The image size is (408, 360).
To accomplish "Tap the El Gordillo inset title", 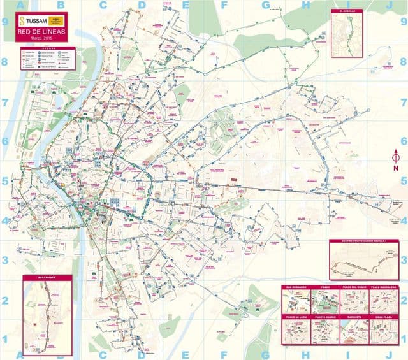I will [350, 11].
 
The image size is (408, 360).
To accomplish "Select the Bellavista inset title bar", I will [48, 278].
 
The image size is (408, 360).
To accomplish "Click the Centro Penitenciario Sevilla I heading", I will [364, 241].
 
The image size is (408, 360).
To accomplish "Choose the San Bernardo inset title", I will [296, 287].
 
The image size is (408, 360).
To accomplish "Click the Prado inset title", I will [325, 287].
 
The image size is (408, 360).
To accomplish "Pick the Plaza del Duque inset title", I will [354, 287].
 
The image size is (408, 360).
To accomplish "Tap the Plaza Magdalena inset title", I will [384, 287].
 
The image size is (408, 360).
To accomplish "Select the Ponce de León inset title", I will [296, 316].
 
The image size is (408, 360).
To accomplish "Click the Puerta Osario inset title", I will [325, 316].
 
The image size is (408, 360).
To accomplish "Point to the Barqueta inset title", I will [354, 316].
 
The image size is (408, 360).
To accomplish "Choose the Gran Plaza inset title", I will [384, 316].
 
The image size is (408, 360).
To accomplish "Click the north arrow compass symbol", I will [395, 155].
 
